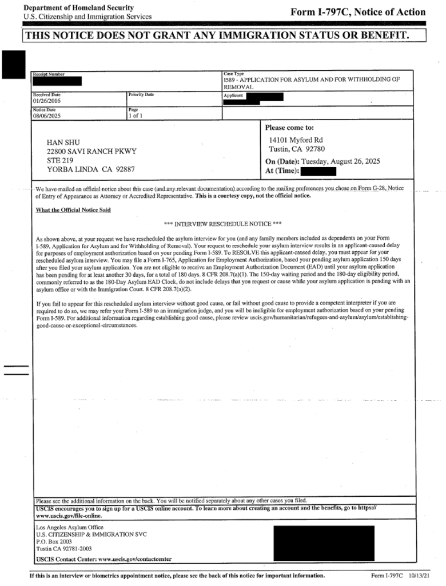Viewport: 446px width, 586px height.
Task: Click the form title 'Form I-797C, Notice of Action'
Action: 358,12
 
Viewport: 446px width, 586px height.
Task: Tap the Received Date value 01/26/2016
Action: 46,101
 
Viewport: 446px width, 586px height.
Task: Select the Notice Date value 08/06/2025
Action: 46,116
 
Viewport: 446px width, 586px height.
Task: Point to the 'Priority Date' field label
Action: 141,94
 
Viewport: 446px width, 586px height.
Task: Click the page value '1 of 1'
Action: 136,116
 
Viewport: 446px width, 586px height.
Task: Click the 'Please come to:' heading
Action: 290,128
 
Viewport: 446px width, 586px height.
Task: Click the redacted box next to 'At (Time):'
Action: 318,171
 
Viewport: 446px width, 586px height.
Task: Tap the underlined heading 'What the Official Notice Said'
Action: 73,210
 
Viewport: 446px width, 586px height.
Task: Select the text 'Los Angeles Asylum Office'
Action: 70,527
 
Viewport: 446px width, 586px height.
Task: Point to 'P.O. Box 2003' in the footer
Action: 55,541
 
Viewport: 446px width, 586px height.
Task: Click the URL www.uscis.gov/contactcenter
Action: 134,559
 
